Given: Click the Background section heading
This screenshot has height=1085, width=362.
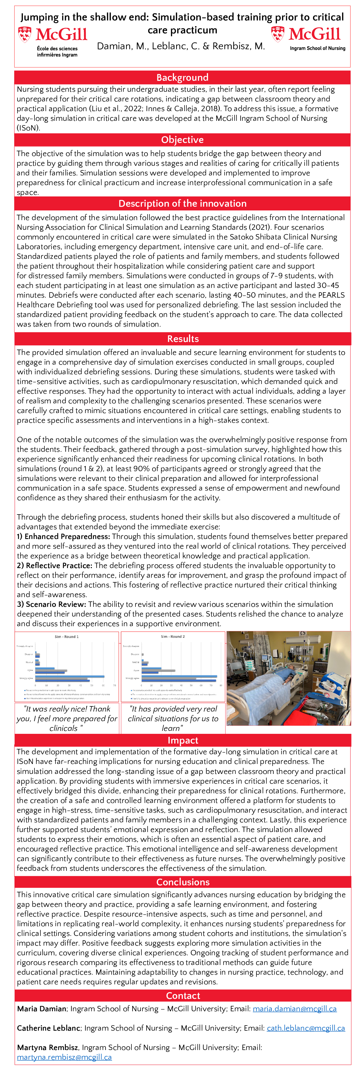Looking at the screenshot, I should (x=182, y=77).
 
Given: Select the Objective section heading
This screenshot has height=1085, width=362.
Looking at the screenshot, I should (x=182, y=140).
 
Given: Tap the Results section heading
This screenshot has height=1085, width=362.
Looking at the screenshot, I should (x=182, y=339).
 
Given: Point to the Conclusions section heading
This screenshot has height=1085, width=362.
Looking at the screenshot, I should (x=182, y=882).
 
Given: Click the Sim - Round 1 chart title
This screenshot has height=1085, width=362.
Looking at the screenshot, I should (x=67, y=636).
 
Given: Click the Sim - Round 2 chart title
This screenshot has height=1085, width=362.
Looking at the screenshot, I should (x=173, y=636).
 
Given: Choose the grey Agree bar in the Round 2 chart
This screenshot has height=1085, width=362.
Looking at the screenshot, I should (x=158, y=670).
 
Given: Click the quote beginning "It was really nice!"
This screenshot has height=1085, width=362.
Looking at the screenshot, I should (x=67, y=718).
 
